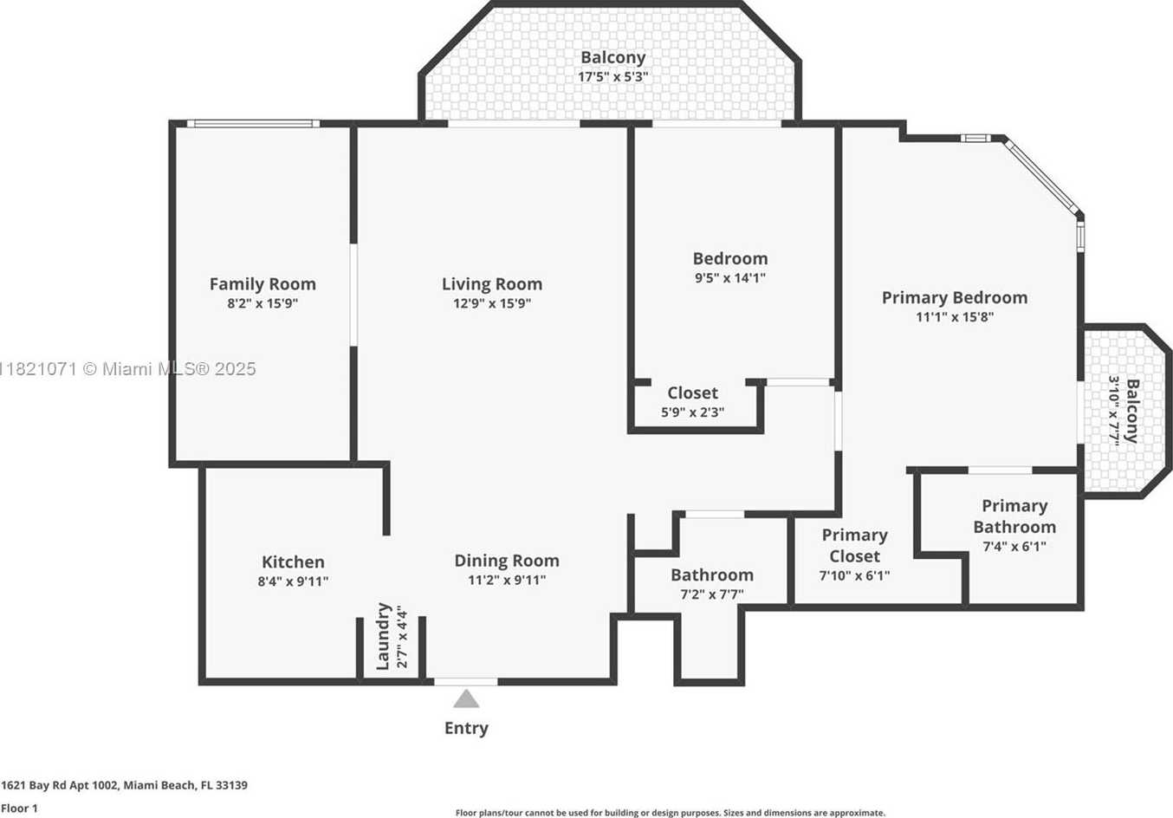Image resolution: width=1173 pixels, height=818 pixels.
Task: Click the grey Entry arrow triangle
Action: [466, 699]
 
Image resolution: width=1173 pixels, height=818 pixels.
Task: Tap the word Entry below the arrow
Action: [466, 729]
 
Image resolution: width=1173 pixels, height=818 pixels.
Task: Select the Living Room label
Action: [492, 284]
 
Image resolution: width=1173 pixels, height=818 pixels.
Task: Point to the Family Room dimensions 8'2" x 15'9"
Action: [262, 304]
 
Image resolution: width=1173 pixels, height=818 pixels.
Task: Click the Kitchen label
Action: [293, 562]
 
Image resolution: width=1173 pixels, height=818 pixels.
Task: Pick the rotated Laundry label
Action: [383, 636]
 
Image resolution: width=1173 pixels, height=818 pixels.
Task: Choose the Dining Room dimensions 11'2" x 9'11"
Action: [507, 581]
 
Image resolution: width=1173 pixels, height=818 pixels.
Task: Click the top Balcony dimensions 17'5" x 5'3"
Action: [612, 77]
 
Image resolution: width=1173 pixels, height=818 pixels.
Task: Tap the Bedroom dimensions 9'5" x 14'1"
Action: [730, 278]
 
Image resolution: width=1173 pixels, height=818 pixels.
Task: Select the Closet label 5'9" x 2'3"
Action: [692, 402]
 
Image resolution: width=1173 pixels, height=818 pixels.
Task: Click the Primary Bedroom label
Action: [954, 297]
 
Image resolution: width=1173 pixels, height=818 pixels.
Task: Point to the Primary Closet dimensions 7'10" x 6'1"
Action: [854, 576]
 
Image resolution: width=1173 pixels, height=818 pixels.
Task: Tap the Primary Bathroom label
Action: [1014, 516]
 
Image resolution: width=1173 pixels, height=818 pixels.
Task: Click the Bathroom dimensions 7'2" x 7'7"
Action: [711, 594]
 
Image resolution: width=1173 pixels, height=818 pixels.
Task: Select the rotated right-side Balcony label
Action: [1132, 411]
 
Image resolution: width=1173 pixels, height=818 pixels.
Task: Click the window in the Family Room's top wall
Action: [253, 124]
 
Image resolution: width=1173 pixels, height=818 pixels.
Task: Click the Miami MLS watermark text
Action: [127, 369]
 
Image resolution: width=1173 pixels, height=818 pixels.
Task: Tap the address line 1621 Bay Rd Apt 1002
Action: [62, 786]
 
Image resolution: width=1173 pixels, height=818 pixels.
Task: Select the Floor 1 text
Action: [19, 808]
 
